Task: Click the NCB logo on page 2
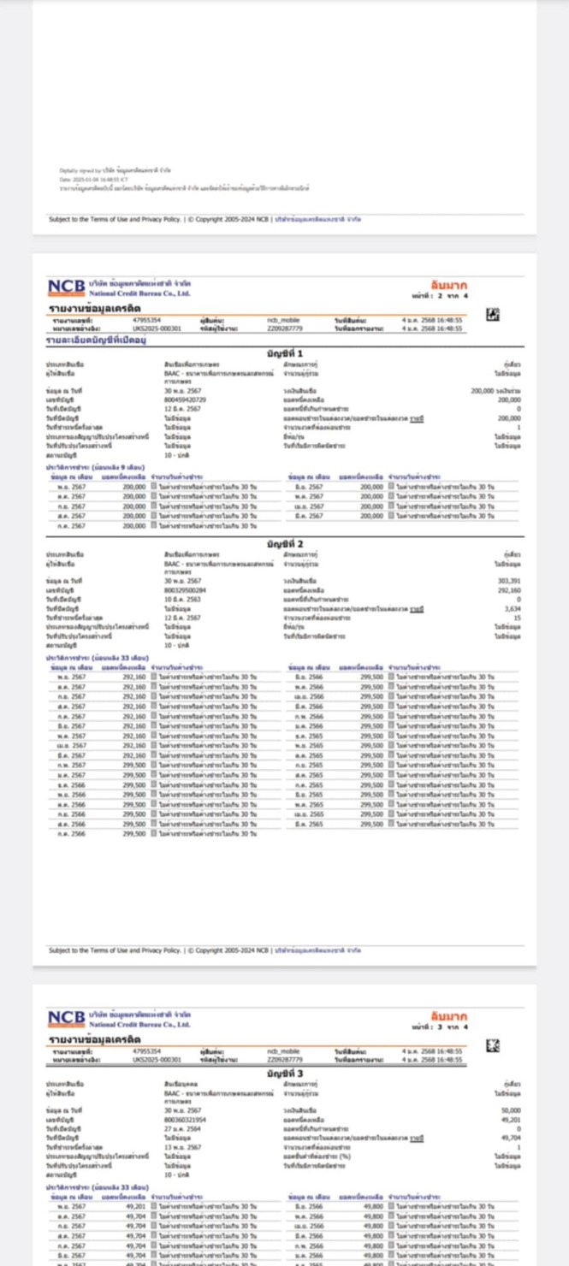coord(66,287)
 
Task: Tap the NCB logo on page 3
coord(66,1018)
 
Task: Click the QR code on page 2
coord(492,316)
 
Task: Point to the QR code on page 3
coord(492,1045)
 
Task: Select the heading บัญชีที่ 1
coord(285,353)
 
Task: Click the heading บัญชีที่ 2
coord(285,543)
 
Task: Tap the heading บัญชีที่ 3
coord(285,1073)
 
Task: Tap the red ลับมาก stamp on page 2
coord(449,285)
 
